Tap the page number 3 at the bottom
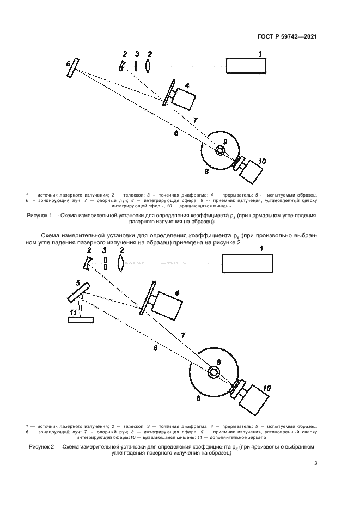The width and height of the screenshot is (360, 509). [315, 464]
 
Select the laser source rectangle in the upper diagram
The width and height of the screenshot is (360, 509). [247, 65]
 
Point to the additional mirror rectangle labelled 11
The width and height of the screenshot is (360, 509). [80, 320]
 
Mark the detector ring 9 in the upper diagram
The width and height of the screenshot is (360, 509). [221, 151]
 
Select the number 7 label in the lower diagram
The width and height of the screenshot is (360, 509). [182, 336]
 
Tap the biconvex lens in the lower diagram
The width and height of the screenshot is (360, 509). [121, 264]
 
